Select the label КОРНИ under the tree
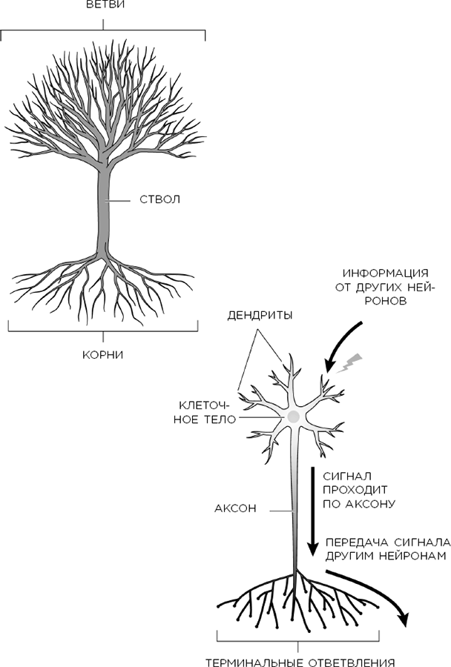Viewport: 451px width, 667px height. point(102,354)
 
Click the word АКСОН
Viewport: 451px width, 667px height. point(235,509)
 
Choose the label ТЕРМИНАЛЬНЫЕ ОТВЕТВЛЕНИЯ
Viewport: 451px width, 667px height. point(298,660)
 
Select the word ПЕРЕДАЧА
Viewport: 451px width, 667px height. point(355,542)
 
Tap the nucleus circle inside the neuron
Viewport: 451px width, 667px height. point(294,417)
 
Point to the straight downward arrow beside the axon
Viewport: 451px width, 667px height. point(313,511)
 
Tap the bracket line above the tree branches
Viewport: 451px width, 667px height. point(103,30)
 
